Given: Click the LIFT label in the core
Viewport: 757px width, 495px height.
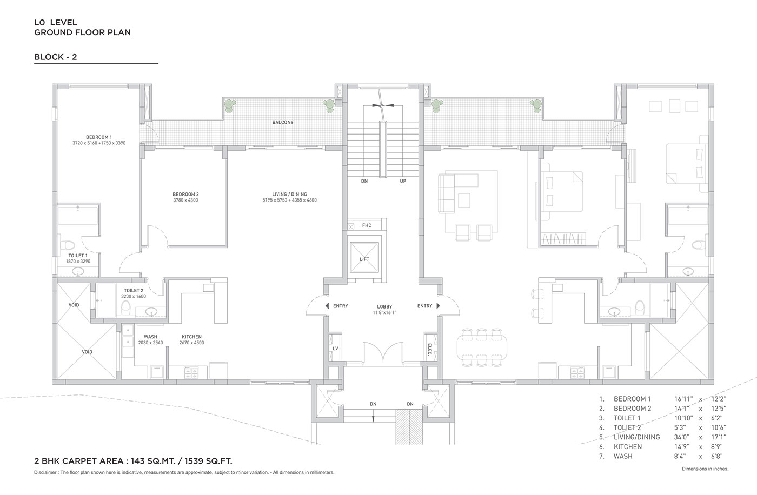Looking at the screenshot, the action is [364, 259].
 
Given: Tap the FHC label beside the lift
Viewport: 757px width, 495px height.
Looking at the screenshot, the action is [367, 225].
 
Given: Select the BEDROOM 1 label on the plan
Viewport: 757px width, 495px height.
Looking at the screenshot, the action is [98, 137].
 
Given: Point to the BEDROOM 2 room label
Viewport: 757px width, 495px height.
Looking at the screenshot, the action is [185, 194].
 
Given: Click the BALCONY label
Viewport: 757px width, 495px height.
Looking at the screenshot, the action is [283, 122].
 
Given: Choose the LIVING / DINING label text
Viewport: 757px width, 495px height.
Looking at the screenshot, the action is [290, 194].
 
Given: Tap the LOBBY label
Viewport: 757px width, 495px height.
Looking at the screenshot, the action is [384, 306].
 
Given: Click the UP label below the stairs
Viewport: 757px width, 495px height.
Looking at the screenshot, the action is [403, 181].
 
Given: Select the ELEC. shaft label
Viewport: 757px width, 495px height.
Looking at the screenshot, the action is [430, 350].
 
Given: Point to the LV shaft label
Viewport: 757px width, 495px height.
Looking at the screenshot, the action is [335, 349].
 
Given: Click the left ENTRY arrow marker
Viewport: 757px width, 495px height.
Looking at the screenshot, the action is [327, 306].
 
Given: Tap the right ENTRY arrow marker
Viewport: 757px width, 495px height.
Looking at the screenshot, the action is [439, 306].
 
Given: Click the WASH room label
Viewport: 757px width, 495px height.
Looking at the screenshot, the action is [150, 337].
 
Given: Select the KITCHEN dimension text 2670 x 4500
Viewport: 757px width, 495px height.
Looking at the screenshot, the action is [191, 343].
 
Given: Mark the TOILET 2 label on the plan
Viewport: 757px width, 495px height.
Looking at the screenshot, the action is [134, 290].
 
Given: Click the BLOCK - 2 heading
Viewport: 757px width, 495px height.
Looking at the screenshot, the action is [55, 57].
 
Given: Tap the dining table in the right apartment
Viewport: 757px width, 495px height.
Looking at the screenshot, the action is [482, 348].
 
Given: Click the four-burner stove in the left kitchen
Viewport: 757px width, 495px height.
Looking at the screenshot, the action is [191, 373].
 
